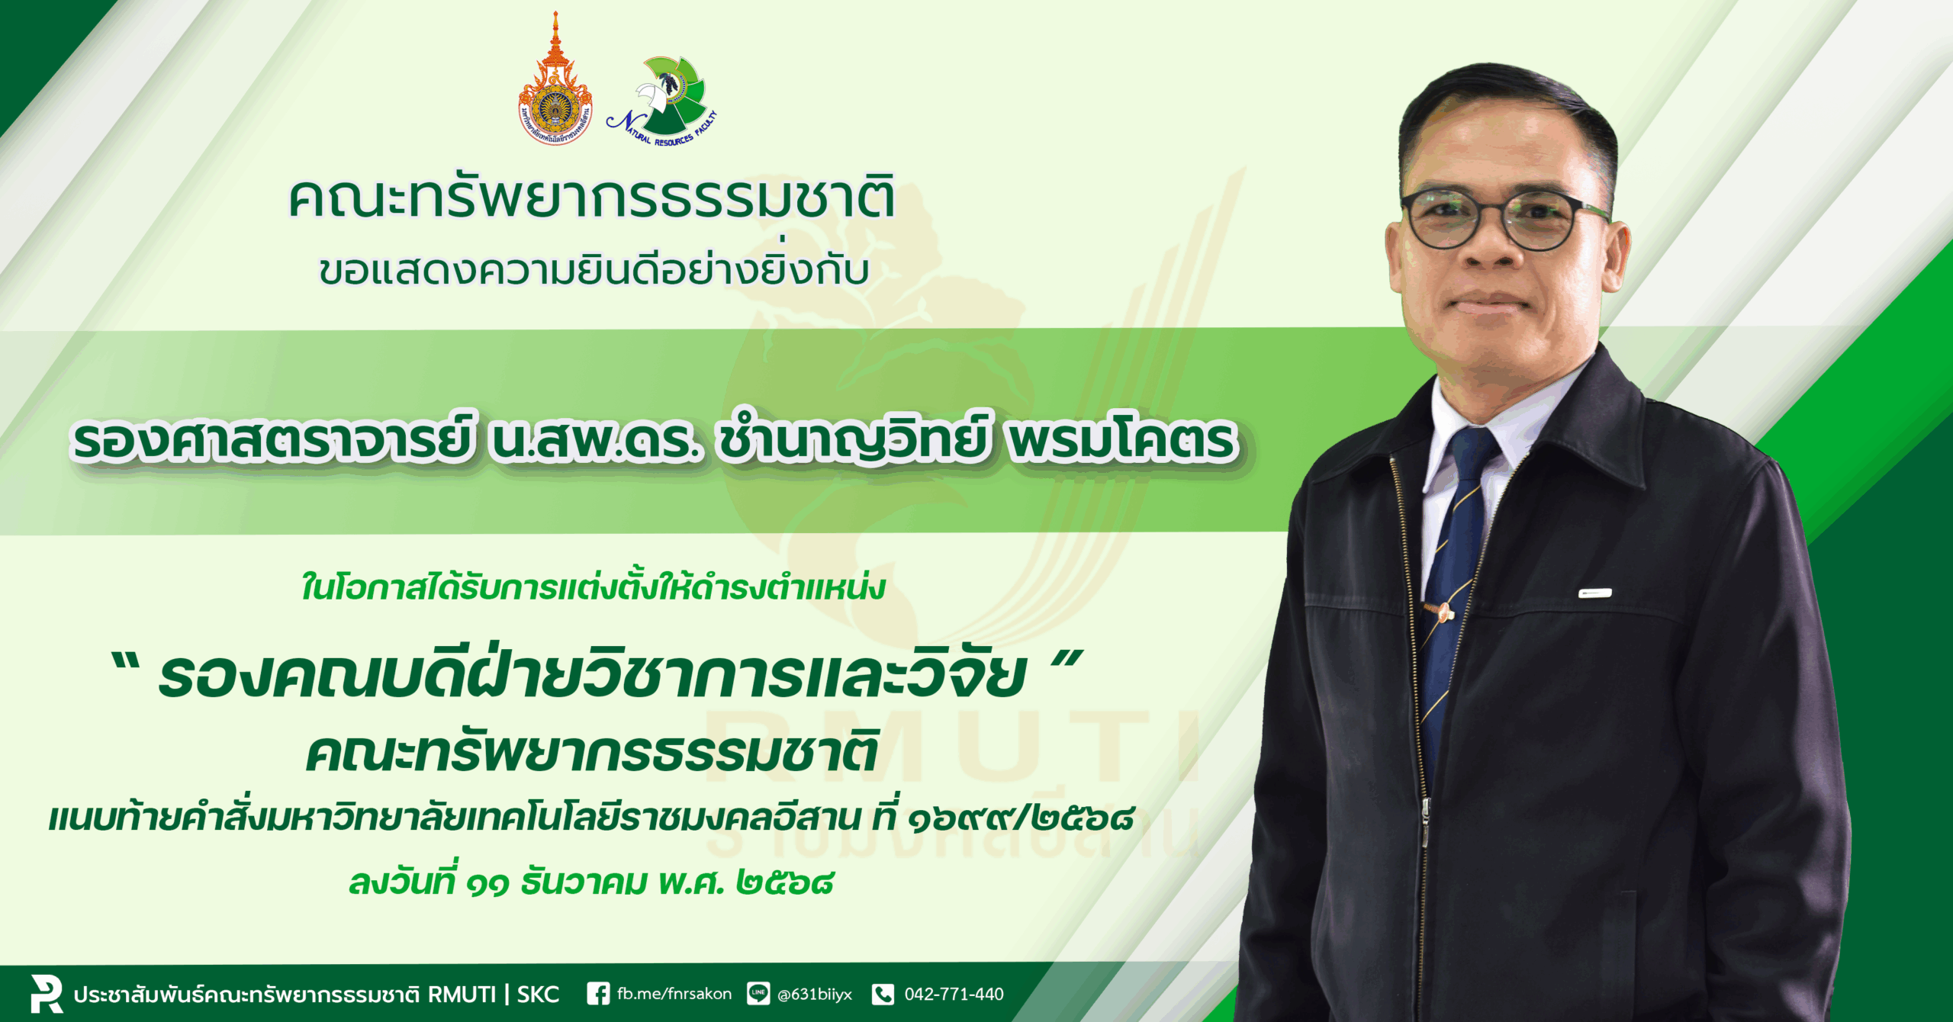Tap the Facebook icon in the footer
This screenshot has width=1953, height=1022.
(x=598, y=994)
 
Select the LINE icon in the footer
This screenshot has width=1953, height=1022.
(x=758, y=994)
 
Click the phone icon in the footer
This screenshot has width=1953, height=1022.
(x=883, y=994)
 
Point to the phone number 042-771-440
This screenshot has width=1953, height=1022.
(x=954, y=994)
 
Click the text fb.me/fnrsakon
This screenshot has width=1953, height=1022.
(x=674, y=994)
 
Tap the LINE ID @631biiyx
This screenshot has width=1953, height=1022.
(x=814, y=995)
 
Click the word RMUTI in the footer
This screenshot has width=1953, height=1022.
(x=462, y=995)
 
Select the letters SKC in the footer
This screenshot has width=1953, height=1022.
(x=539, y=995)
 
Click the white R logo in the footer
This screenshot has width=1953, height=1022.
(x=46, y=994)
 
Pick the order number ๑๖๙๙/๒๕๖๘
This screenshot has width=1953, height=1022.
(x=1021, y=818)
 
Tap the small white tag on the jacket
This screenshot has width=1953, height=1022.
(x=1595, y=593)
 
